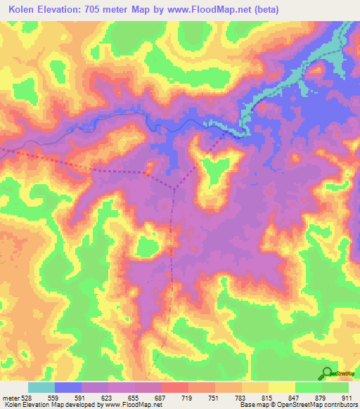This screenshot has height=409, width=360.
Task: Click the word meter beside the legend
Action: (x=10, y=397)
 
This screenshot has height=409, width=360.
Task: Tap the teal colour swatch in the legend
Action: (x=41, y=387)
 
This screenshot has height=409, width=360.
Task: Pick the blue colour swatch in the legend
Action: (x=68, y=387)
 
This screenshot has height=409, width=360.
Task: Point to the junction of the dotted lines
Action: (x=175, y=188)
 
